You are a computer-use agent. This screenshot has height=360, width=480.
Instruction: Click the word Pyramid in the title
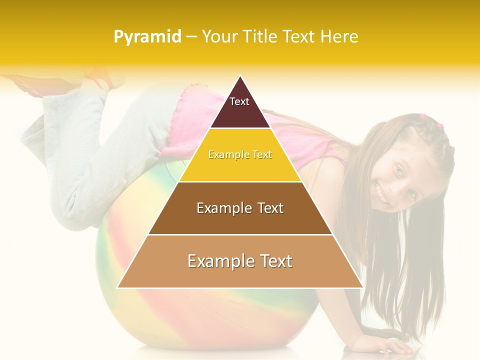pos(147,37)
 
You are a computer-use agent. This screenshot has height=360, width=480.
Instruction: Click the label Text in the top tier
pos(239,101)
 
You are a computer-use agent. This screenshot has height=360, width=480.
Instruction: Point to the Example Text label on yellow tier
pos(240,155)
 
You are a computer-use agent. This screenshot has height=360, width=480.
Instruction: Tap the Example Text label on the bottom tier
pos(240,261)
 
